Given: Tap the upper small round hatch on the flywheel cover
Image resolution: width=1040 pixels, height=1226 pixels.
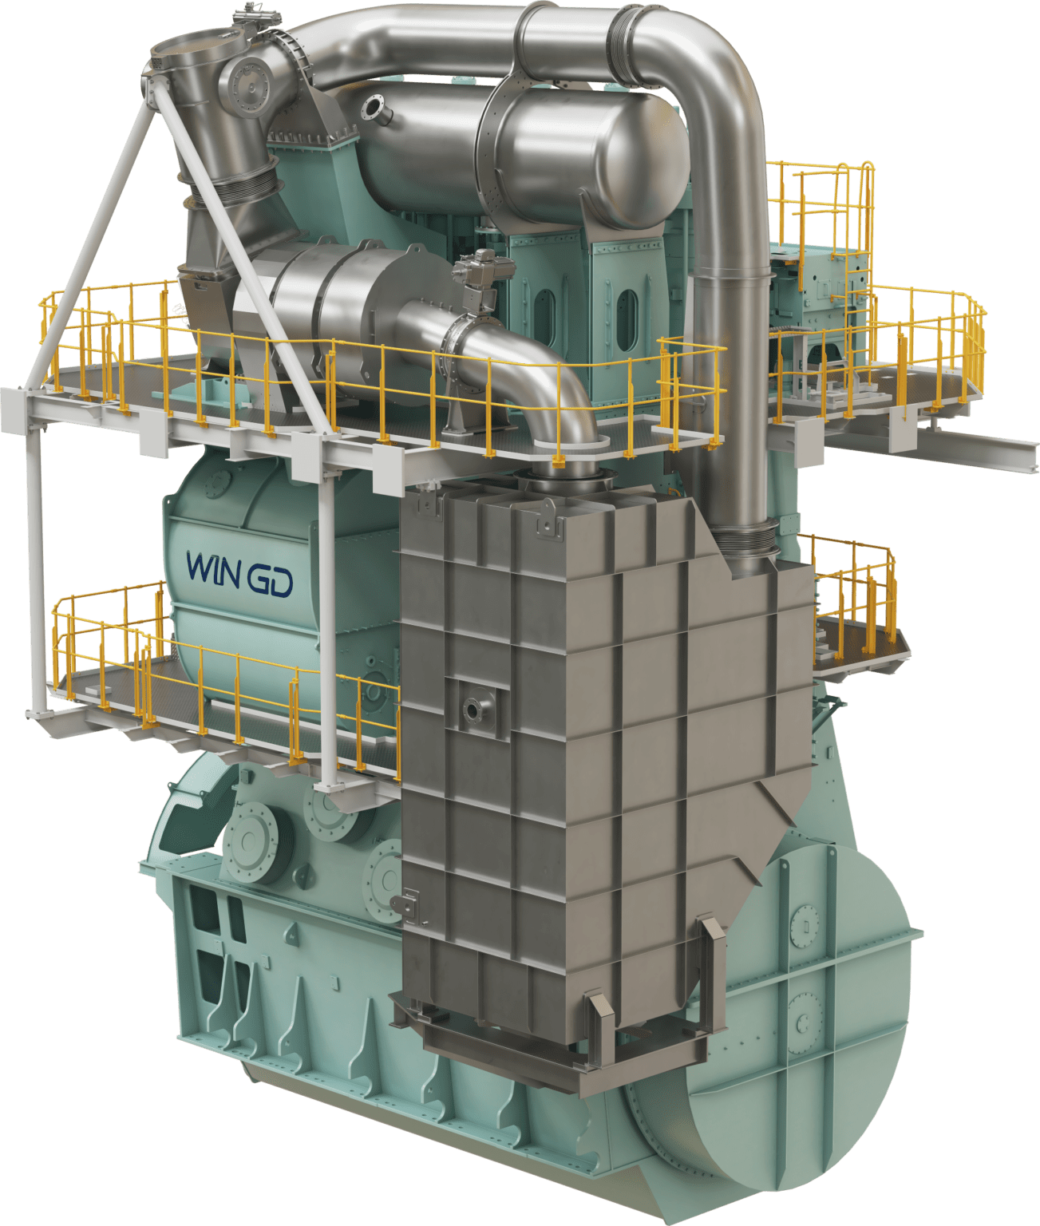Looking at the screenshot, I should coord(798,926).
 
